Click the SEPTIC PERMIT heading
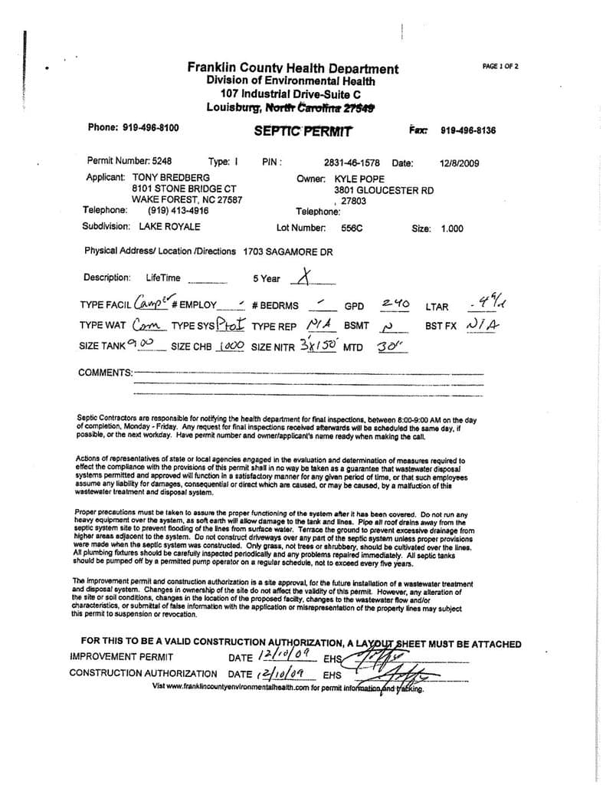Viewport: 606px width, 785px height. pyautogui.click(x=303, y=131)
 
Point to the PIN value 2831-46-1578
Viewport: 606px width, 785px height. pyautogui.click(x=352, y=163)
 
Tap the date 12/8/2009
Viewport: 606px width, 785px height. pyautogui.click(x=460, y=163)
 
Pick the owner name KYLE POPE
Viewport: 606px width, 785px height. pyautogui.click(x=365, y=179)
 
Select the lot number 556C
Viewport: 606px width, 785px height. pyautogui.click(x=352, y=228)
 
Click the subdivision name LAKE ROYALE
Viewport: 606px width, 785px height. pyautogui.click(x=169, y=227)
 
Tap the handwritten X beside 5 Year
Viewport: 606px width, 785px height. pyautogui.click(x=304, y=277)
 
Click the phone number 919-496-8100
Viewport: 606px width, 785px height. pyautogui.click(x=150, y=128)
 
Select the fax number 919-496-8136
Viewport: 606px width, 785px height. pyautogui.click(x=468, y=130)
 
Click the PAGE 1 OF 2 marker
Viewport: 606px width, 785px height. pyautogui.click(x=500, y=67)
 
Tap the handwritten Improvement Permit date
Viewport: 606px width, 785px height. pyautogui.click(x=287, y=655)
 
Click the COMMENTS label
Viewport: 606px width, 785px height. pyautogui.click(x=105, y=373)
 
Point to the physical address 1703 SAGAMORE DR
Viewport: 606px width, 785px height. pyautogui.click(x=288, y=251)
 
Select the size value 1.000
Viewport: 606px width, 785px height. pyautogui.click(x=452, y=228)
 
